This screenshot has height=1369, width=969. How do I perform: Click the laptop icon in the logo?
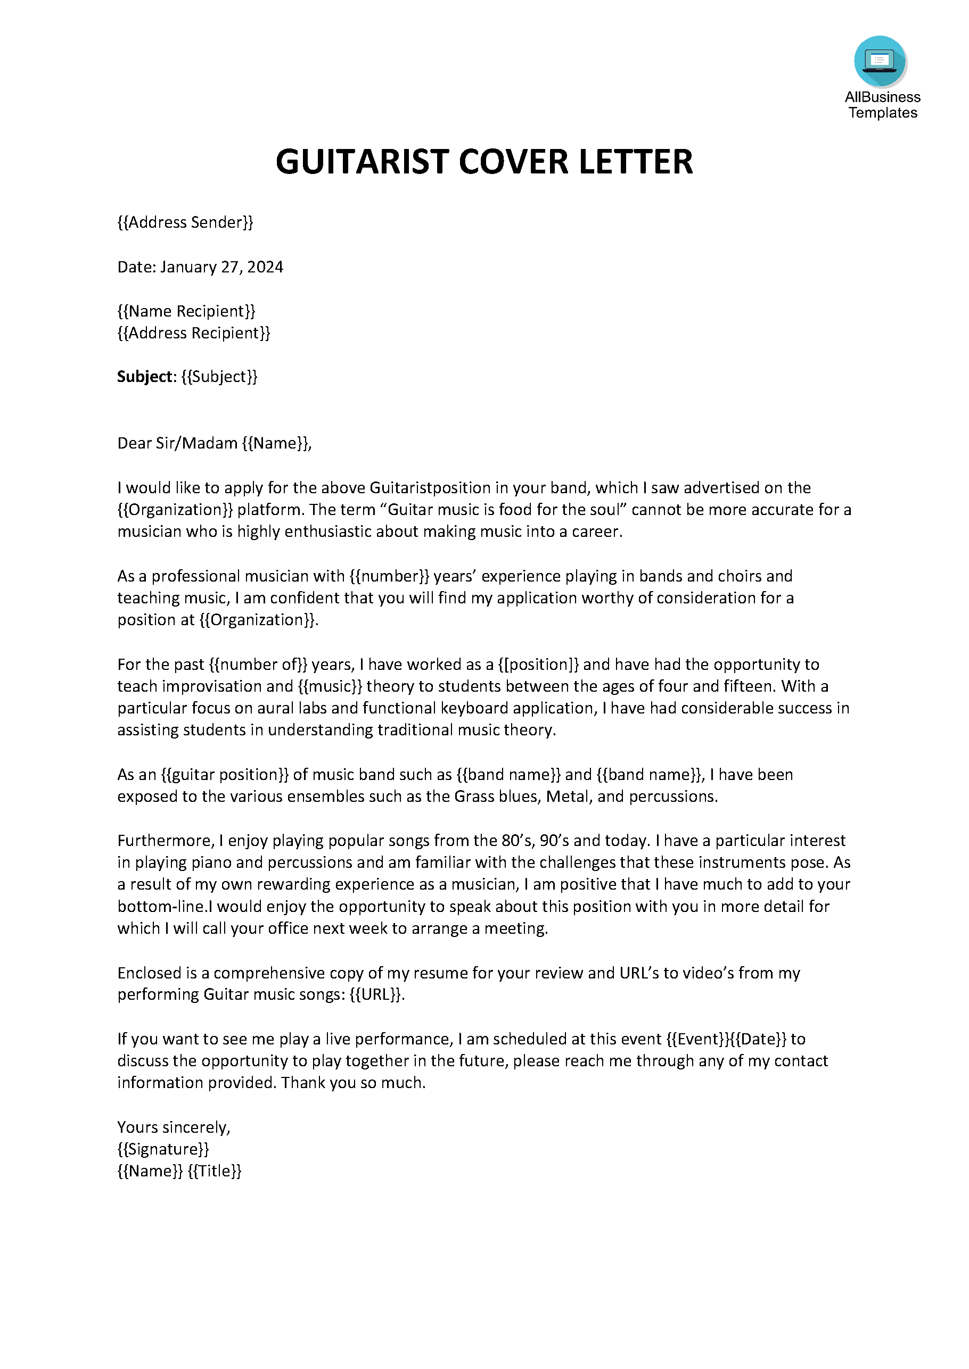pyautogui.click(x=880, y=61)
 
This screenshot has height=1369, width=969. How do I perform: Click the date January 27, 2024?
pyautogui.click(x=221, y=267)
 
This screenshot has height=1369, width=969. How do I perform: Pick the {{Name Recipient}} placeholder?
pyautogui.click(x=186, y=311)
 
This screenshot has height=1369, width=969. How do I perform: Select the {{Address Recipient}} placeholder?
pyautogui.click(x=193, y=333)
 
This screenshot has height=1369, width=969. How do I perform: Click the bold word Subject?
pyautogui.click(x=145, y=376)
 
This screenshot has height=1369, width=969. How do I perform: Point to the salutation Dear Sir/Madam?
pyautogui.click(x=177, y=443)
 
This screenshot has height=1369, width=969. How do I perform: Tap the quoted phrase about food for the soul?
pyautogui.click(x=505, y=510)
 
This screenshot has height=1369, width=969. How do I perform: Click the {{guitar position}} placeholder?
pyautogui.click(x=224, y=775)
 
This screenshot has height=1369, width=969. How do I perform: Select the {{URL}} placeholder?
pyautogui.click(x=376, y=994)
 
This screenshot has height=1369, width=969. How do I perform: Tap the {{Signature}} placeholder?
pyautogui.click(x=163, y=1149)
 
